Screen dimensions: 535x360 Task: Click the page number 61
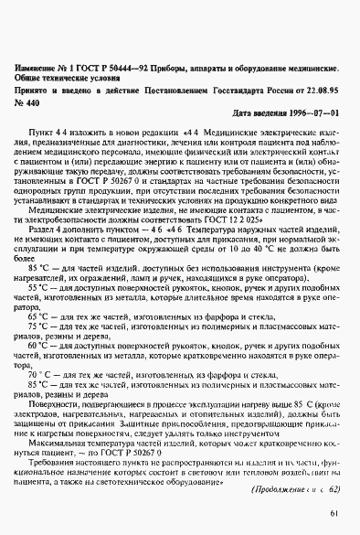tap(334, 512)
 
